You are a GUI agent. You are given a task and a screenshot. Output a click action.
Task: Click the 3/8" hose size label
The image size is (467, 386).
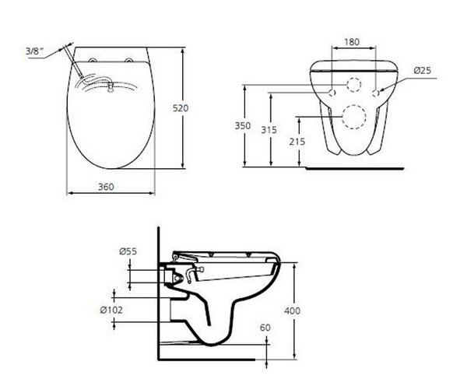54,52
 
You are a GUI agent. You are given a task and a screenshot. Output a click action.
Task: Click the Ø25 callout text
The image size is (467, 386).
423,70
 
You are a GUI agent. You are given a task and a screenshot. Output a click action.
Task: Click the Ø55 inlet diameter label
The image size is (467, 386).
128,251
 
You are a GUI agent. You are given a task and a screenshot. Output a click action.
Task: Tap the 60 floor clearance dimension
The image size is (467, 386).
265,328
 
